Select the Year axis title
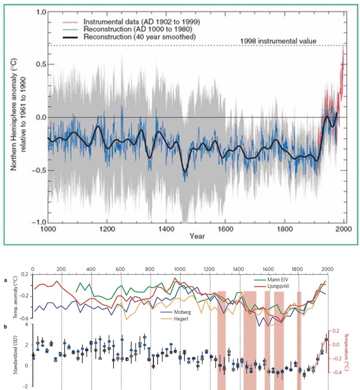196,236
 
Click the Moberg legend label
182,310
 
